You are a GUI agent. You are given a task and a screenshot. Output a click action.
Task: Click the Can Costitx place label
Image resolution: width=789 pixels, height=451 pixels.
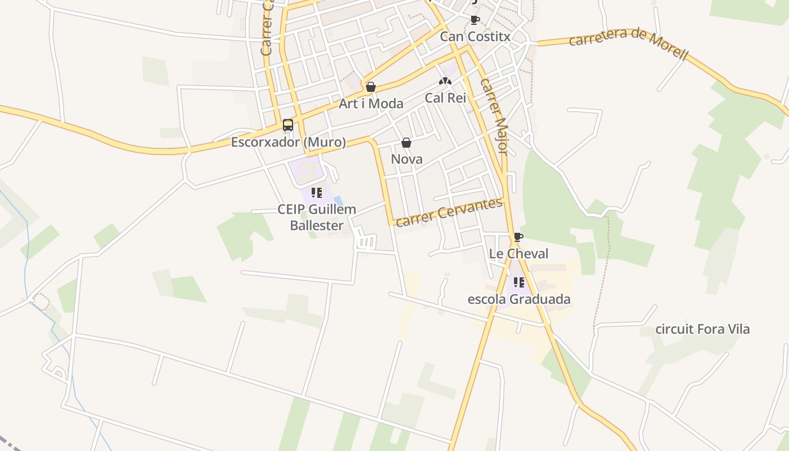click(x=475, y=37)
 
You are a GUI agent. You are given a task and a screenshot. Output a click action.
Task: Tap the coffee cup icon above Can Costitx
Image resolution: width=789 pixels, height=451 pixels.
click(x=475, y=20)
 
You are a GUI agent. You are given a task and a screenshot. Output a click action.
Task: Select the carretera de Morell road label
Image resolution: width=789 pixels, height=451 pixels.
click(x=628, y=43)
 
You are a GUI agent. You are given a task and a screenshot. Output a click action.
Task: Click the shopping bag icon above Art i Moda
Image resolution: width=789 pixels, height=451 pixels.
click(x=371, y=87)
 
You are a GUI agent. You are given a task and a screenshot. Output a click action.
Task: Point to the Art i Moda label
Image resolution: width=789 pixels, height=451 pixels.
click(x=371, y=103)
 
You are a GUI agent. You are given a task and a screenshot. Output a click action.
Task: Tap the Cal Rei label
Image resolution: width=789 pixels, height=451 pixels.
click(x=445, y=98)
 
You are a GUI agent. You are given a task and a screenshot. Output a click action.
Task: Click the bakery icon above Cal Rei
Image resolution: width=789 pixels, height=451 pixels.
click(x=445, y=81)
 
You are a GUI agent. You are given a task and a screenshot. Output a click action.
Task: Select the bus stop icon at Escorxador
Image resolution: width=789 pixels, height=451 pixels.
click(x=288, y=125)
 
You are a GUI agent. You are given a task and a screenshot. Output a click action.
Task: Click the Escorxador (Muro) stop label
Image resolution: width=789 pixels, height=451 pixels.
click(x=289, y=142)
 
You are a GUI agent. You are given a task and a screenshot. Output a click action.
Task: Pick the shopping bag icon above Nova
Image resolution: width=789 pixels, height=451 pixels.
click(x=406, y=143)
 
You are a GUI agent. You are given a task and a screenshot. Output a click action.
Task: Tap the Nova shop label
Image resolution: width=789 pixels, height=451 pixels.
click(x=406, y=159)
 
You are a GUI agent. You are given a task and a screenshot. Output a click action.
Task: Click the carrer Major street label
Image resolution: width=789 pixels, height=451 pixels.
click(x=494, y=116)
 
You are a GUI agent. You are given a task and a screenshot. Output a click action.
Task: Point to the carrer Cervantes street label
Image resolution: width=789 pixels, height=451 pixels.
click(x=449, y=212)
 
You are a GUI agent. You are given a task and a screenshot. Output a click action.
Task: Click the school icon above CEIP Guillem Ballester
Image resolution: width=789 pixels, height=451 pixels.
click(x=317, y=193)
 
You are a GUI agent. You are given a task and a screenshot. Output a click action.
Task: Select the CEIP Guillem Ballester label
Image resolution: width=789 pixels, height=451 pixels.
click(x=317, y=217)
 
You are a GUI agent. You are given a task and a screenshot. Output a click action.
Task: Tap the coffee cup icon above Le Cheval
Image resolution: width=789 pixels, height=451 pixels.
click(x=518, y=237)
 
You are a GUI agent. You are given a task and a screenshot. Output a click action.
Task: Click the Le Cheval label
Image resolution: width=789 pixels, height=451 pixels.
click(x=518, y=254)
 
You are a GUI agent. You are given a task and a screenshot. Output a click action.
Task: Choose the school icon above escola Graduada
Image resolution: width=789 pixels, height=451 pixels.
click(x=519, y=282)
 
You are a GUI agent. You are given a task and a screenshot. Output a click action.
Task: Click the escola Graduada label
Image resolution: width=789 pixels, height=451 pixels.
click(x=519, y=299)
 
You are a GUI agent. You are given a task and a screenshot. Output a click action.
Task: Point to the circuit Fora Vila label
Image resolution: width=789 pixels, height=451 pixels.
click(x=702, y=329)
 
